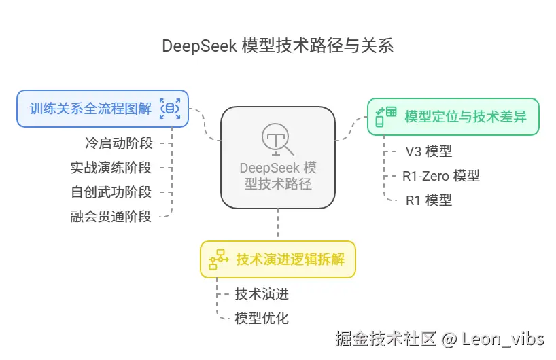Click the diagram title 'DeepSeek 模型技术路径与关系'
click(x=277, y=46)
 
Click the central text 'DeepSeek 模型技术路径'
click(x=278, y=175)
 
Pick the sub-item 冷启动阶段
click(x=118, y=143)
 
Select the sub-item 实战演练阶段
click(x=111, y=167)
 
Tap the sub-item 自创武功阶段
click(x=111, y=192)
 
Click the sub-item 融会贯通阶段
click(x=111, y=217)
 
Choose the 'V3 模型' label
click(x=428, y=151)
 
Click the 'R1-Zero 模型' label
click(x=440, y=175)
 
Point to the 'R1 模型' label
click(x=428, y=200)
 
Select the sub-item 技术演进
click(x=262, y=293)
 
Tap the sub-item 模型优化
click(x=262, y=318)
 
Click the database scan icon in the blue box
click(x=170, y=108)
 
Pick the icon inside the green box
click(x=386, y=116)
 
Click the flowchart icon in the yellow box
click(x=218, y=259)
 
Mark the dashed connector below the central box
click(x=278, y=224)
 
